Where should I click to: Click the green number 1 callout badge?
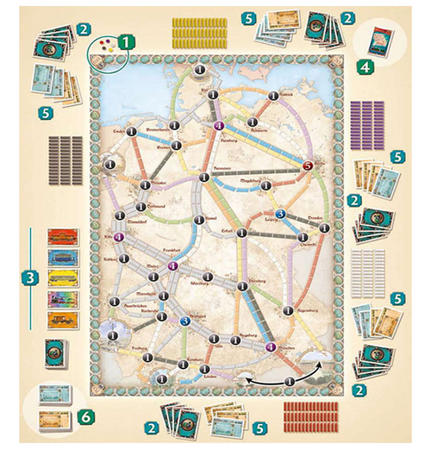[x=126, y=41]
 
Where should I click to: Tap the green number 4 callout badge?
[x=366, y=65]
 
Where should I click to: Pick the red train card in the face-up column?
[x=63, y=237]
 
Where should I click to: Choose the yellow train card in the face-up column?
[x=63, y=278]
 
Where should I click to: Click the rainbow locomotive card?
[x=63, y=299]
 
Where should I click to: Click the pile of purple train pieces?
[x=366, y=115]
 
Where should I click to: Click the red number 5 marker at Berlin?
[x=308, y=156]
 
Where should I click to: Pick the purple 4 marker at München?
[x=272, y=347]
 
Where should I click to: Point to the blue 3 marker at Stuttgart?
[x=184, y=321]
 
